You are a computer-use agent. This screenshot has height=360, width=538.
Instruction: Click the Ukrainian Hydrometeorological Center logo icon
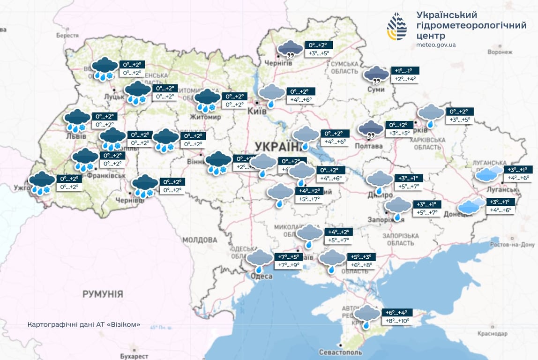coord(396,27)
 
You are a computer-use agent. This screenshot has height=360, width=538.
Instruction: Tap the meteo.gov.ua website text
coord(436,45)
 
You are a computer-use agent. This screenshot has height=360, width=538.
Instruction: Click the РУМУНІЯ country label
coord(103,294)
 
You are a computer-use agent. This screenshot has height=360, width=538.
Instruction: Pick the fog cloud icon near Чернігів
coord(290,49)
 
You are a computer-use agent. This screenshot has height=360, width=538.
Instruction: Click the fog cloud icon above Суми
coord(376,75)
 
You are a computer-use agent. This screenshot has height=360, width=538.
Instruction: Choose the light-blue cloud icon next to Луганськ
coord(487,174)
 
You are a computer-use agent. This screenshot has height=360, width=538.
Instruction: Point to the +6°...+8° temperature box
coord(361,265)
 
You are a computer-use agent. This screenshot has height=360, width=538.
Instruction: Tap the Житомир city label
coord(205,117)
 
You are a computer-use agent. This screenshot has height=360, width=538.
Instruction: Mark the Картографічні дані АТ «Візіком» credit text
coord(84,324)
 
